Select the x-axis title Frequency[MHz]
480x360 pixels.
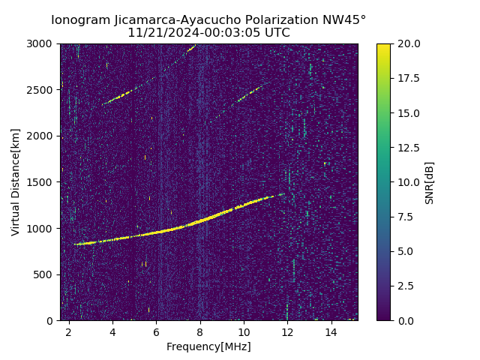(208, 346)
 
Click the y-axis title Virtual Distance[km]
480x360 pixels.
(16, 182)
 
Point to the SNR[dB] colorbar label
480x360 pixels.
(429, 182)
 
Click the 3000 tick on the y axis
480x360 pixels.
(42, 43)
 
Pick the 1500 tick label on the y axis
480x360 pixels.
(42, 182)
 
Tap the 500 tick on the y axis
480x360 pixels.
(45, 274)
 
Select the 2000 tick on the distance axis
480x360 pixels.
(42, 136)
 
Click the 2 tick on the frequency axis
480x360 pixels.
(69, 331)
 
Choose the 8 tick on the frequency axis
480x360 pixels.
(200, 331)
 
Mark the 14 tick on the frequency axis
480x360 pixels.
(331, 331)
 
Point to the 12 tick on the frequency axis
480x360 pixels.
(287, 331)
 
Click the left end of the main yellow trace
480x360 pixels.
(76, 244)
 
